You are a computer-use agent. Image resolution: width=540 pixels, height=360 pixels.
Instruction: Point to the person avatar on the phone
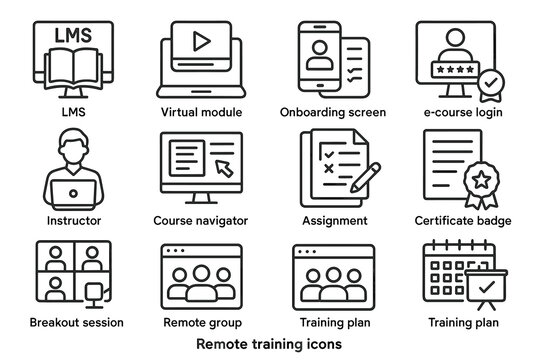[321, 53]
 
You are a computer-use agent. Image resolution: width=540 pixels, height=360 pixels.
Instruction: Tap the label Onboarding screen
[334, 112]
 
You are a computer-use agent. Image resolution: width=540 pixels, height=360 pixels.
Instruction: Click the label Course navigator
[201, 220]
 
